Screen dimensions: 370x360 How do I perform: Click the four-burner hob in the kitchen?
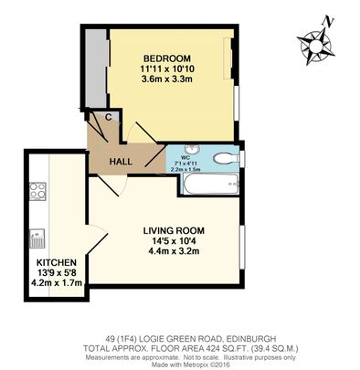click(39, 192)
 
